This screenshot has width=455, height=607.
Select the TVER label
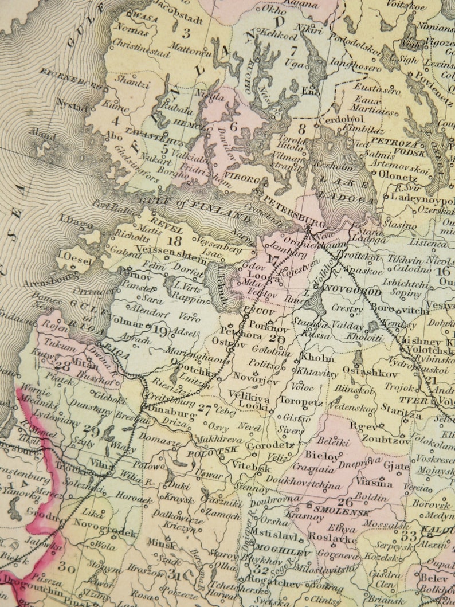tap(414, 400)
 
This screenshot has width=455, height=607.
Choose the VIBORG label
tap(243, 178)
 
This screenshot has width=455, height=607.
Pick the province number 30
tap(67, 567)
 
